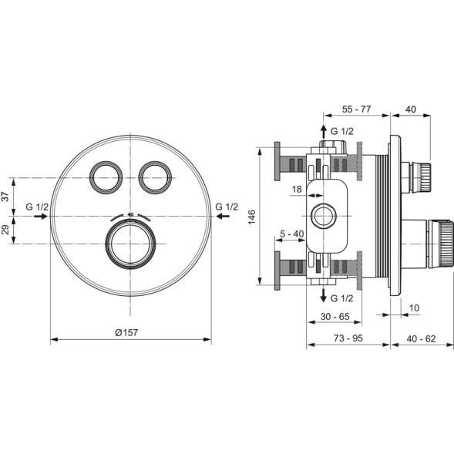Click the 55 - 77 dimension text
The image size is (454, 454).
(x=356, y=109)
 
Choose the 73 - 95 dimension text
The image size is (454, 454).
(x=347, y=338)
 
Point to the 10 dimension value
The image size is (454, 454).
(x=415, y=308)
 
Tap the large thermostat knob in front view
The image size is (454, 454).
(x=130, y=245)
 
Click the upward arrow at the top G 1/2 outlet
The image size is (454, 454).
(x=324, y=132)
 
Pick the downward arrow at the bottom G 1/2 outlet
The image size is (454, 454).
(x=324, y=297)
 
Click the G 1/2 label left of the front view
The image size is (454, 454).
(x=35, y=207)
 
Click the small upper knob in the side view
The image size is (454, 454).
(x=417, y=177)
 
